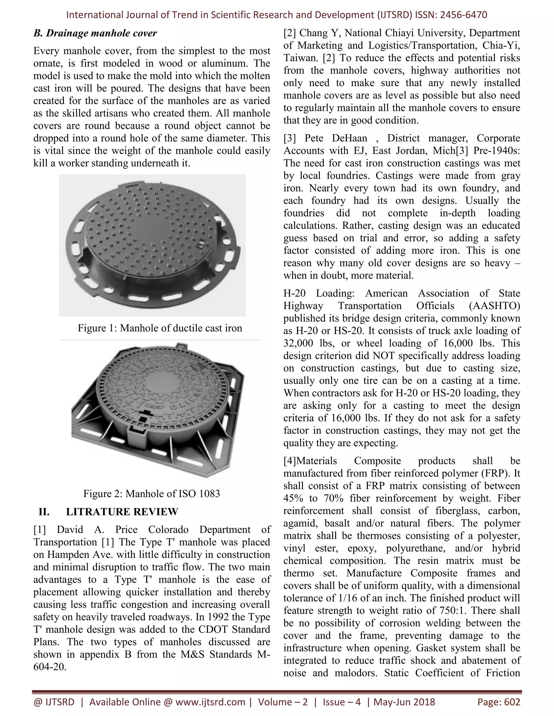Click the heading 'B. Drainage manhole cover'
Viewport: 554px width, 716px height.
coord(95,33)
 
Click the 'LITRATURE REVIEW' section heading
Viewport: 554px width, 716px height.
coord(122,511)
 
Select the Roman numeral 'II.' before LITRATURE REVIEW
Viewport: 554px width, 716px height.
coord(44,511)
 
